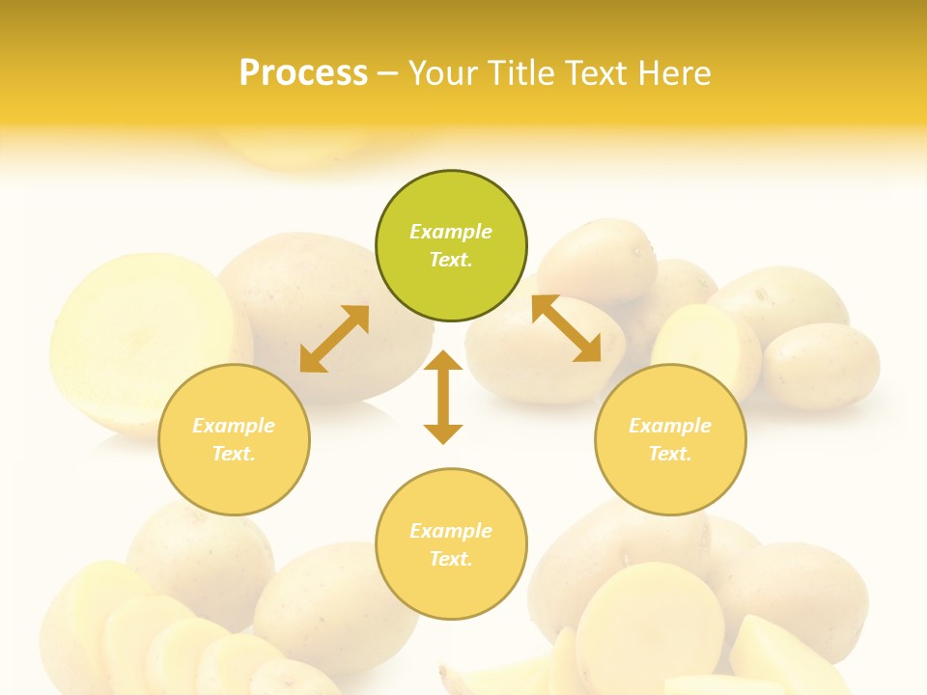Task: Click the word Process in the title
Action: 303,73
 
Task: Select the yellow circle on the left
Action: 234,483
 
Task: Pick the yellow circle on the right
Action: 670,483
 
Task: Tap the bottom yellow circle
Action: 451,589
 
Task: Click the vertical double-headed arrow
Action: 443,398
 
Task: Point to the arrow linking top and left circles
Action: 334,339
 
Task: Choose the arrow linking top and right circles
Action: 566,328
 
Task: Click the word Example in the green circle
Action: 451,232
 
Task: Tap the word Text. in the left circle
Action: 234,454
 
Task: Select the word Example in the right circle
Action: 670,426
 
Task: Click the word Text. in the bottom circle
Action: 451,559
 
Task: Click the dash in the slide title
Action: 388,73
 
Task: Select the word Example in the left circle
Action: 234,426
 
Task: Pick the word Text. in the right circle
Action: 670,454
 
